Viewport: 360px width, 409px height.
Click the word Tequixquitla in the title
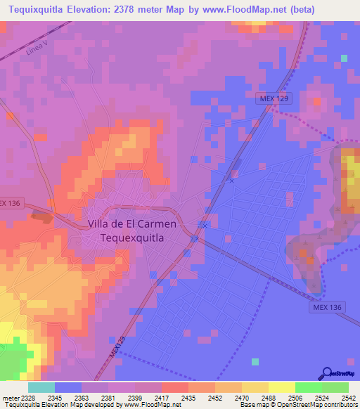click(x=37, y=10)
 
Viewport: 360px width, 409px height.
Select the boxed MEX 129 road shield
click(x=271, y=99)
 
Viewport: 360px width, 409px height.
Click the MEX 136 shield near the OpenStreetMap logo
click(x=326, y=309)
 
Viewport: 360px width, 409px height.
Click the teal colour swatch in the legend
click(x=41, y=388)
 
